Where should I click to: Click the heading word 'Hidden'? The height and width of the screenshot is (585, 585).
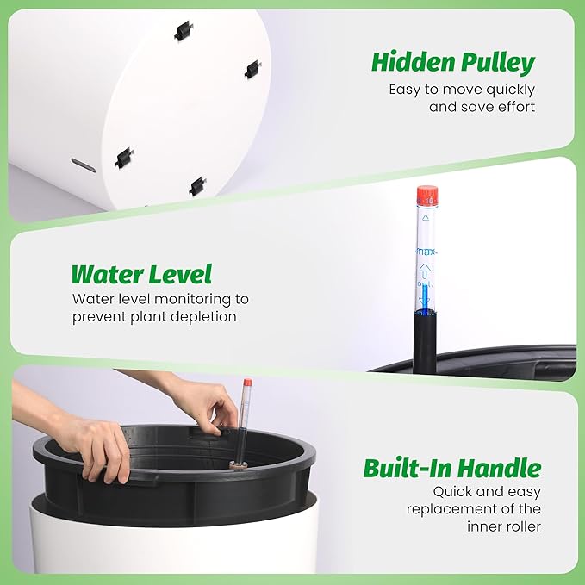tap(407, 63)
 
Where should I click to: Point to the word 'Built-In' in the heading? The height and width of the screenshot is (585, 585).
tap(411, 469)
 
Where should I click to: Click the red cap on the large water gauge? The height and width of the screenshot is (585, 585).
tap(427, 196)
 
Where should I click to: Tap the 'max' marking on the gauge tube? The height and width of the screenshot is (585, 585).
tap(426, 252)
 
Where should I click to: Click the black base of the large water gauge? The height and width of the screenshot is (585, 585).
tap(425, 340)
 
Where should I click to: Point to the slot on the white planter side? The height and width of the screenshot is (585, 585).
tap(83, 165)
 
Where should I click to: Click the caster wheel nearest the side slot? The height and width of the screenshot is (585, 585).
tap(125, 157)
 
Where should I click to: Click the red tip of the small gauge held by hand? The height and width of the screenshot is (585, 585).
tap(247, 383)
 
